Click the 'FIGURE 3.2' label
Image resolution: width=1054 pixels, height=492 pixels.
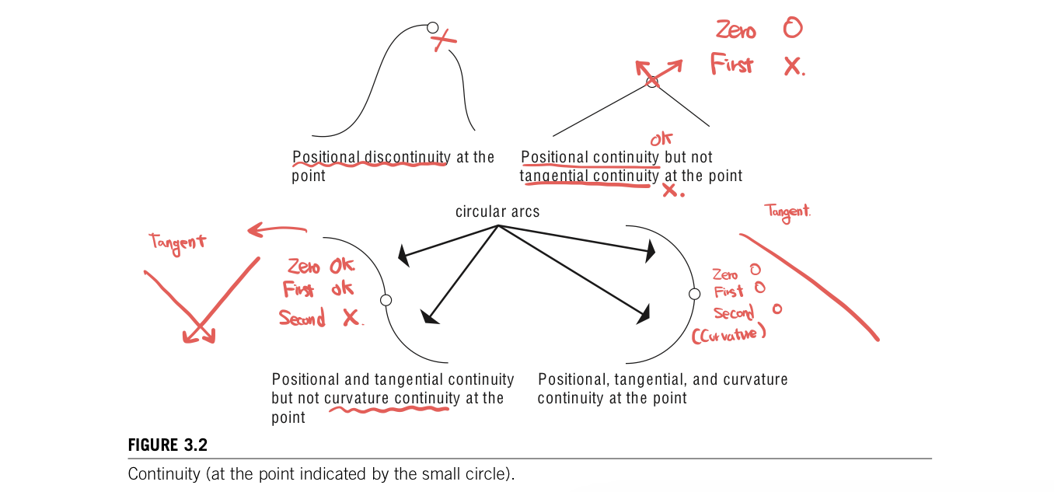tap(168, 445)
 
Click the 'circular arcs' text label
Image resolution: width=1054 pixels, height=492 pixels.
tap(497, 211)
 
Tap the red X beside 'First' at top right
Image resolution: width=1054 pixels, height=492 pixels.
tap(793, 67)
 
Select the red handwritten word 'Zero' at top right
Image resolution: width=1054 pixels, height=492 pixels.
tap(735, 30)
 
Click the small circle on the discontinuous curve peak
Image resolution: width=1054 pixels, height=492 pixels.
tap(433, 28)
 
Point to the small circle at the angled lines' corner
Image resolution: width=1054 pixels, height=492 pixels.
tap(652, 82)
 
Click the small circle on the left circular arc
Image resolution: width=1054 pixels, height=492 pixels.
tap(386, 300)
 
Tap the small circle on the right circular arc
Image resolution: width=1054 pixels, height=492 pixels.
tap(695, 293)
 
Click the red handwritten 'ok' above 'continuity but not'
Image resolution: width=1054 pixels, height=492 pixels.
tap(661, 140)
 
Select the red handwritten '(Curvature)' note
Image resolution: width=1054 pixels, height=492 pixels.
tap(729, 333)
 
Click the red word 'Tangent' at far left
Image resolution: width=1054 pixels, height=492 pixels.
tap(179, 242)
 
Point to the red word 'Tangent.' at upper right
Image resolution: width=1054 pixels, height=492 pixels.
tap(787, 211)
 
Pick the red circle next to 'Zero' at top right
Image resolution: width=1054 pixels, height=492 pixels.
tap(792, 29)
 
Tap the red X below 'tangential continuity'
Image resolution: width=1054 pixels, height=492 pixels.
tap(671, 190)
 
